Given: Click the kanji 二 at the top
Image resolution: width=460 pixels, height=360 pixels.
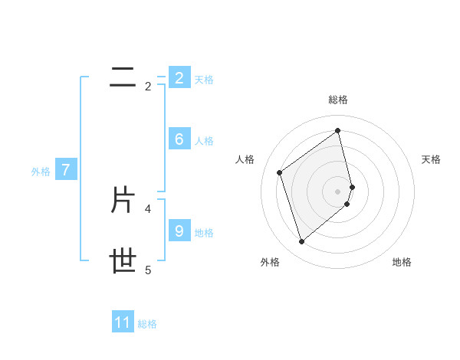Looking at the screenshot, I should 123,77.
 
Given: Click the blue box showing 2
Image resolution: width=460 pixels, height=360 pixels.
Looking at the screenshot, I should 179,77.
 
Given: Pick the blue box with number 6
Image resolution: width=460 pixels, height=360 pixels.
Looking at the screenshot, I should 179,139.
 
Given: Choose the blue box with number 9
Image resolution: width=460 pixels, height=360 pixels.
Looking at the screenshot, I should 179,231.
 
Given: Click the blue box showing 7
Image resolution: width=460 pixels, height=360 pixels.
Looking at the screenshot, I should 66,170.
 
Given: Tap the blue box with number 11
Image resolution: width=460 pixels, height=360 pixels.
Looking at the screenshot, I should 123,322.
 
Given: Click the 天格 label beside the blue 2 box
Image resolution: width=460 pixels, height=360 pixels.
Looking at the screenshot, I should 204,79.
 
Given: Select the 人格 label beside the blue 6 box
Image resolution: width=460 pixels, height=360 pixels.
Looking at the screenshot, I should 204,141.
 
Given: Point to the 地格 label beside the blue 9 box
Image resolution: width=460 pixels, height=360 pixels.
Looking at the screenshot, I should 204,233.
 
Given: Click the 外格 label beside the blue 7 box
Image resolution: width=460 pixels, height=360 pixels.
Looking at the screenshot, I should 41,172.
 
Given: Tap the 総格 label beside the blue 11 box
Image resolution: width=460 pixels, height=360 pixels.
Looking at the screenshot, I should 147,324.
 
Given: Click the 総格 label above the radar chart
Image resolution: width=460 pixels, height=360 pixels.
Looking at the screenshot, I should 338,100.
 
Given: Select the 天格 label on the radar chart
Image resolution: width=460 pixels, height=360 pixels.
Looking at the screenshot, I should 432,159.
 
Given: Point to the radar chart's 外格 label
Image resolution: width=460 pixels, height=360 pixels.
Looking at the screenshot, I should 270,262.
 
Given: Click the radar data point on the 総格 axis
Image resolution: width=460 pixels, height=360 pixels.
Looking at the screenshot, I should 338,131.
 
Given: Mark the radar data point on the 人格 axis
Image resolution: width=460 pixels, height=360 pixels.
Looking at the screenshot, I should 280,172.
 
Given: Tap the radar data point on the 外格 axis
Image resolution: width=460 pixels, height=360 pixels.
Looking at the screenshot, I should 301,242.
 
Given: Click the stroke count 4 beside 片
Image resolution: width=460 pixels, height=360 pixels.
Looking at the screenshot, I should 148,208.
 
